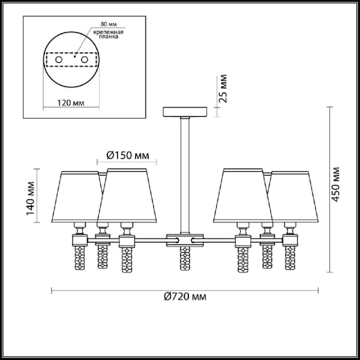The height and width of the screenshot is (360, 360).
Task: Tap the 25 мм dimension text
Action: coord(224,89)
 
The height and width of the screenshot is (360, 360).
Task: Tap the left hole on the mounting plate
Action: coord(59,60)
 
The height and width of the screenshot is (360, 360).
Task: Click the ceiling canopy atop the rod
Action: coord(185,112)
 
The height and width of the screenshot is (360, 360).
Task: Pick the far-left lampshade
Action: coord(81,195)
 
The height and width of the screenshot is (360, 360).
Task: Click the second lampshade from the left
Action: coord(127,195)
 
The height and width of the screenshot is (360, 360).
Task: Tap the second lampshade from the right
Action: coord(243,195)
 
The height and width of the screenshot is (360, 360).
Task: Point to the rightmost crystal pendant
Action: coord(290,259)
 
